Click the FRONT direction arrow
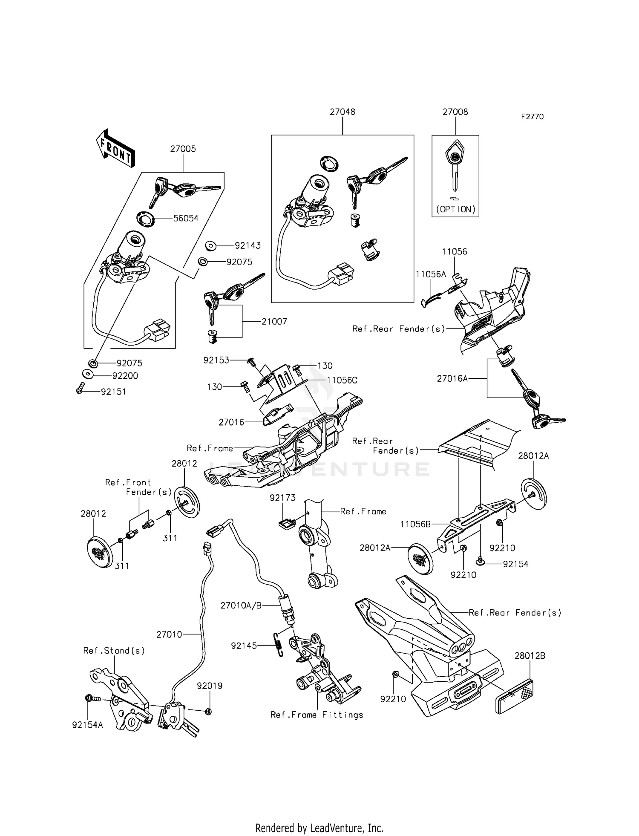pyautogui.click(x=115, y=148)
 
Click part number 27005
pyautogui.click(x=183, y=149)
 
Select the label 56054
pyautogui.click(x=186, y=218)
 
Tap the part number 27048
pyautogui.click(x=342, y=112)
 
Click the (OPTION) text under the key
pyautogui.click(x=455, y=209)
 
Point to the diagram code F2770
pyautogui.click(x=532, y=117)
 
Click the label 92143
pyautogui.click(x=248, y=245)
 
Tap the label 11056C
pyautogui.click(x=342, y=380)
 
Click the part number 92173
pyautogui.click(x=282, y=498)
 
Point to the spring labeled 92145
pyautogui.click(x=277, y=646)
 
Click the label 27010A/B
pyautogui.click(x=241, y=605)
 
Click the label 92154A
pyautogui.click(x=87, y=725)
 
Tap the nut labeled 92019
pyautogui.click(x=208, y=711)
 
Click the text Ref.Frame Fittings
pyautogui.click(x=317, y=715)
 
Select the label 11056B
pyautogui.click(x=415, y=524)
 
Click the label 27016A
pyautogui.click(x=452, y=378)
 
